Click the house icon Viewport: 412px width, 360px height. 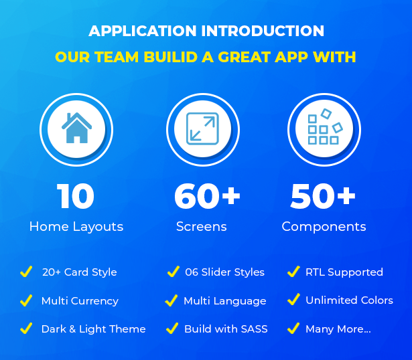pyautogui.click(x=76, y=128)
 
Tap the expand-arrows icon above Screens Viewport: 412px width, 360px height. pyautogui.click(x=202, y=128)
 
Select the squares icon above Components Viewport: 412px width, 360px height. pyautogui.click(x=325, y=126)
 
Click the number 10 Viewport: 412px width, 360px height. pyautogui.click(x=76, y=196)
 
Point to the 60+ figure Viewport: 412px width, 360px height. pyautogui.click(x=207, y=196)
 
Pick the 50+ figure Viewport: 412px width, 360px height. pyautogui.click(x=323, y=196)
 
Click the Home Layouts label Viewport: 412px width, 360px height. pyautogui.click(x=76, y=226)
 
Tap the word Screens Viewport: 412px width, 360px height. pyautogui.click(x=201, y=226)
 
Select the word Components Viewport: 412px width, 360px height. pyautogui.click(x=324, y=227)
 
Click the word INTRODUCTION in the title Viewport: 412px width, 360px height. pyautogui.click(x=263, y=31)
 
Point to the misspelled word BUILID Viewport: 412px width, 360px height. pyautogui.click(x=171, y=57)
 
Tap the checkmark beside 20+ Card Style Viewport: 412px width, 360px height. pyautogui.click(x=26, y=271)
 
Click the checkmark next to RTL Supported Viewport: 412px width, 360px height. pyautogui.click(x=293, y=271)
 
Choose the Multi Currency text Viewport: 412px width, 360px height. pyautogui.click(x=80, y=301)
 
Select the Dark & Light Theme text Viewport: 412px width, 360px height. pyautogui.click(x=94, y=329)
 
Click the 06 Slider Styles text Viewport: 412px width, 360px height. pyautogui.click(x=224, y=272)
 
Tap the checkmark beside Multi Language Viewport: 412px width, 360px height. pyautogui.click(x=171, y=300)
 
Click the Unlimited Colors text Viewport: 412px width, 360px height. pyautogui.click(x=349, y=300)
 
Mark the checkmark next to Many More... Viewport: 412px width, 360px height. pyautogui.click(x=293, y=329)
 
